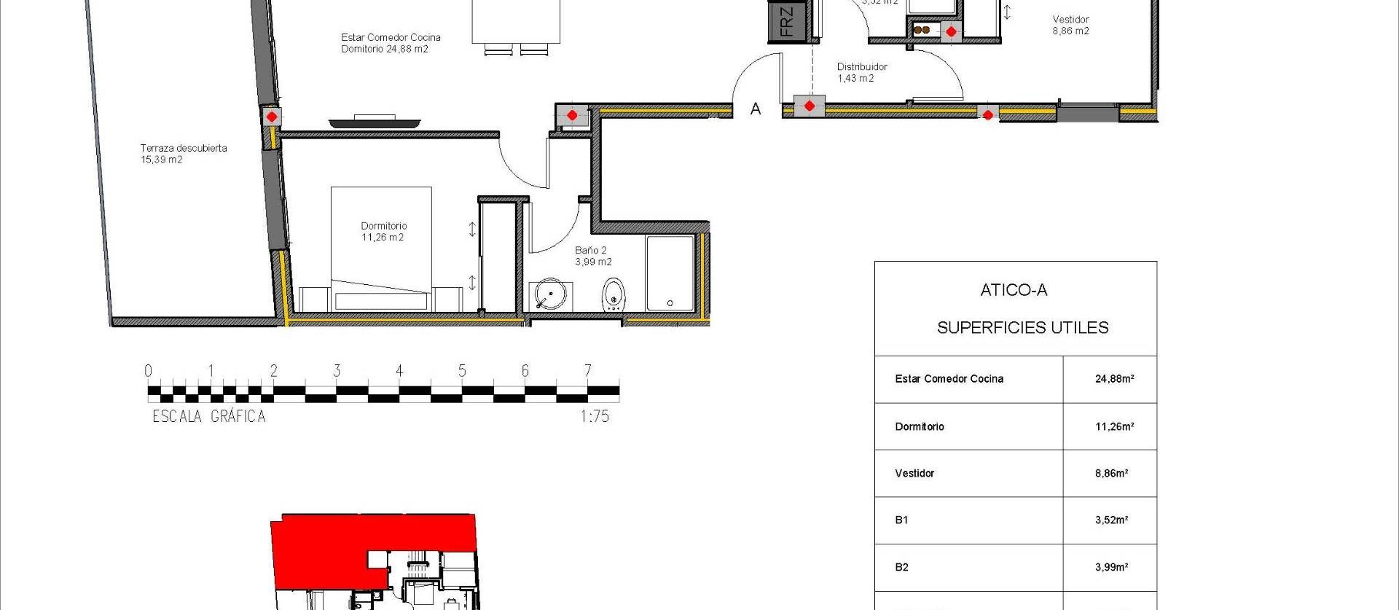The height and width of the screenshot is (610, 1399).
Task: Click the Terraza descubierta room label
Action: pos(183,153)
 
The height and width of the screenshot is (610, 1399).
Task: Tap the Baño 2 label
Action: pos(592,256)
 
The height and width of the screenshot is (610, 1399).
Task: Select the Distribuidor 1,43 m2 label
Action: pos(861,72)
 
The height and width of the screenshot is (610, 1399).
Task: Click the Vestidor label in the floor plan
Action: pos(1070,25)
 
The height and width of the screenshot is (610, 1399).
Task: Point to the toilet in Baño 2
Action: pos(614,294)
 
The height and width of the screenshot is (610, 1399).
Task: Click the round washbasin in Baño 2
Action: pos(549,295)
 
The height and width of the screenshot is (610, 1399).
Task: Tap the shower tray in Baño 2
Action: pos(670,273)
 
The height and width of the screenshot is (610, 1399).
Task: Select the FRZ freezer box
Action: pos(786,21)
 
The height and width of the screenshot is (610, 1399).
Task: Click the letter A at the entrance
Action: pos(756,109)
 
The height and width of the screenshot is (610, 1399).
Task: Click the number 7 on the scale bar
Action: pos(587,371)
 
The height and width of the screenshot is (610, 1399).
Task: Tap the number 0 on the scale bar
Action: pos(149,371)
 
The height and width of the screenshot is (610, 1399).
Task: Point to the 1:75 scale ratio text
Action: pos(594,417)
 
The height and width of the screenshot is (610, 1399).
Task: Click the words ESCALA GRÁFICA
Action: pos(209,417)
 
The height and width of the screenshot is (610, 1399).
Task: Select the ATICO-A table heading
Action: pos(1014,290)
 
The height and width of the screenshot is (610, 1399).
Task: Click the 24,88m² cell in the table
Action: pos(1114,379)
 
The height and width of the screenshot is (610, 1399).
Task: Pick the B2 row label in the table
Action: pos(901,567)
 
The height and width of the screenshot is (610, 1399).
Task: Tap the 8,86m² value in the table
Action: pos(1111,473)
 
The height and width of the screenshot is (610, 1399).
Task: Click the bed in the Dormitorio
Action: pos(381,248)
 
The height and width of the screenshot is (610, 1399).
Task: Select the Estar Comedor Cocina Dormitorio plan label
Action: pos(390,43)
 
